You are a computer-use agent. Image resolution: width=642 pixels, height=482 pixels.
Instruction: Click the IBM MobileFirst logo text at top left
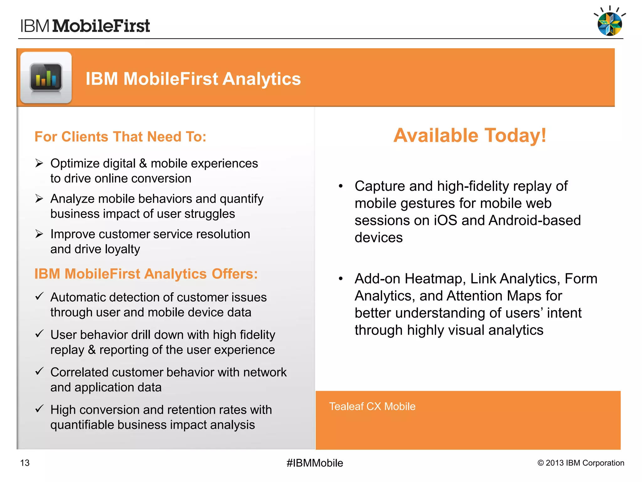[x=85, y=26]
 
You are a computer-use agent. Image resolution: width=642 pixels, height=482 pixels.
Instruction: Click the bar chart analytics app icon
[x=46, y=78]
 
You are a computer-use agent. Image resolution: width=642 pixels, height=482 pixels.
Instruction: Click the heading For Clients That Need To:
[x=120, y=137]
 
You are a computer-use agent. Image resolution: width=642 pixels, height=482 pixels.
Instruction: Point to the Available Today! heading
[x=470, y=136]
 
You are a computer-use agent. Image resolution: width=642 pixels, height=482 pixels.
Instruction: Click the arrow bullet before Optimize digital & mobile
[x=39, y=163]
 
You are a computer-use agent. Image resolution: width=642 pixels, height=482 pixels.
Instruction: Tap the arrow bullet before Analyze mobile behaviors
[x=39, y=199]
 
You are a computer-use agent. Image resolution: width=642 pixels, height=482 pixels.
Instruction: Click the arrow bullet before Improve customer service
[x=39, y=234]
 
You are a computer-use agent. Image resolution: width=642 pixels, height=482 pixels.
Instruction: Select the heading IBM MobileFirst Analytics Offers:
[x=146, y=274]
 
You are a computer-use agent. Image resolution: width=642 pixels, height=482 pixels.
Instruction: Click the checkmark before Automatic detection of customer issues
[x=39, y=296]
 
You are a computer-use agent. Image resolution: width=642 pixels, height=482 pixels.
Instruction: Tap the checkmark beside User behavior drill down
[x=39, y=334]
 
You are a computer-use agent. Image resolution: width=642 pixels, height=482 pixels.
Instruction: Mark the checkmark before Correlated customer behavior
[x=39, y=371]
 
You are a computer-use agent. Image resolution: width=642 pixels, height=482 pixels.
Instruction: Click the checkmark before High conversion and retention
[x=39, y=409]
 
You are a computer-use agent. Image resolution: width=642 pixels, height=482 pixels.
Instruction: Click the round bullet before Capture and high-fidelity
[x=341, y=186]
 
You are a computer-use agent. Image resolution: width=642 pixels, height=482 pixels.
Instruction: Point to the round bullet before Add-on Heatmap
[x=341, y=279]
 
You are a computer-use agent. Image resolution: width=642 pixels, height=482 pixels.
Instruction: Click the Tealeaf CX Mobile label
[x=372, y=406]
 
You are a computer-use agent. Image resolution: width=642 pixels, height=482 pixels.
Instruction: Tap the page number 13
[x=25, y=463]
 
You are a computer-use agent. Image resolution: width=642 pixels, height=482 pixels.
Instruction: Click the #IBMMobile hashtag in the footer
[x=315, y=463]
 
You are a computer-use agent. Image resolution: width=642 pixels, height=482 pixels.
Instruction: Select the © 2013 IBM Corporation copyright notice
[x=581, y=463]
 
